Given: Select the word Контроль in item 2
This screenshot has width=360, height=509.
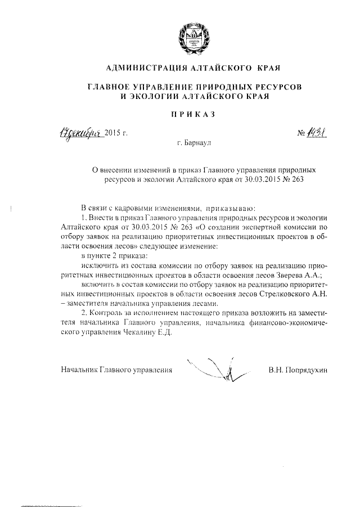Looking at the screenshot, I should (x=112, y=313).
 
